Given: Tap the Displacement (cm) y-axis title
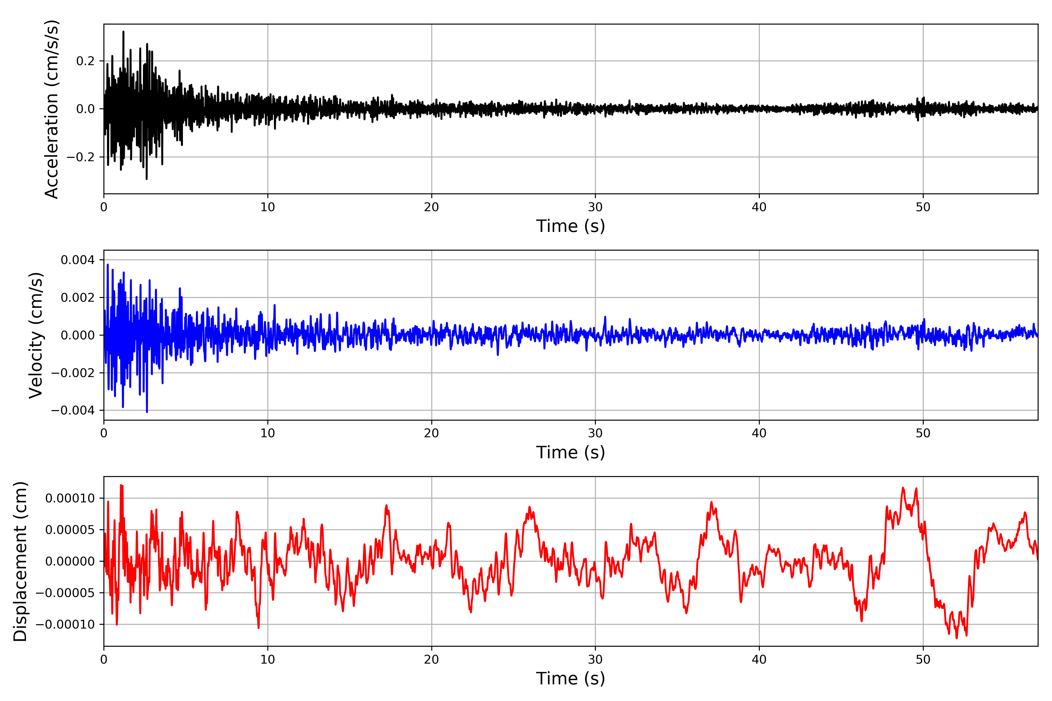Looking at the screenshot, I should click(20, 561).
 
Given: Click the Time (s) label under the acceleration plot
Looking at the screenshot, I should click(570, 226).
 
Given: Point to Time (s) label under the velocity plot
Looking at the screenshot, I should click(570, 452).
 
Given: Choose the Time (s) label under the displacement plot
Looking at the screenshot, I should click(570, 679).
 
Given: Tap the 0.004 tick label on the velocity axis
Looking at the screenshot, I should click(77, 260).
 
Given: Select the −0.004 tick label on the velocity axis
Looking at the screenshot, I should click(73, 410).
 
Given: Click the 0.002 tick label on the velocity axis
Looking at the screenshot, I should click(77, 297).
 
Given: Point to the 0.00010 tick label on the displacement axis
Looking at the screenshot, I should click(70, 498).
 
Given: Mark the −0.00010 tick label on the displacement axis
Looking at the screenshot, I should click(65, 624).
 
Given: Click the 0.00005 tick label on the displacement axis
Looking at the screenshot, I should click(70, 530).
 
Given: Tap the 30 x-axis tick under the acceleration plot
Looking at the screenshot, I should click(595, 207).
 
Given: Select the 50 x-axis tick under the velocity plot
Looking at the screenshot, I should click(923, 433).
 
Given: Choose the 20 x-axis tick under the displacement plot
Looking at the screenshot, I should click(432, 660).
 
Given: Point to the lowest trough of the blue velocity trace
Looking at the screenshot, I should click(147, 412).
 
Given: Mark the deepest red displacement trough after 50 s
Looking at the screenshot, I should click(957, 638).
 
